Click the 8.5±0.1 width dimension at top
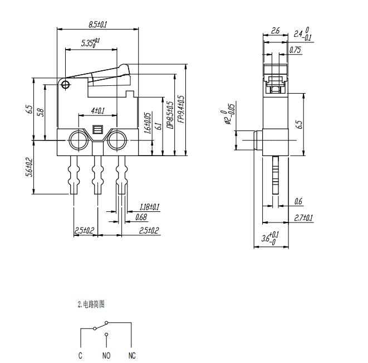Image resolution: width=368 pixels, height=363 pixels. pyautogui.click(x=97, y=25)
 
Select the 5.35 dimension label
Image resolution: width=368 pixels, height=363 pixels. pyautogui.click(x=90, y=42)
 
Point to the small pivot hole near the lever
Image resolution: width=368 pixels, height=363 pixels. pyautogui.click(x=66, y=85)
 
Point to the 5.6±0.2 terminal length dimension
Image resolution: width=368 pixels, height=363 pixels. pyautogui.click(x=29, y=167)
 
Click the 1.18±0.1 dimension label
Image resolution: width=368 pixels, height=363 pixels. pyautogui.click(x=149, y=207)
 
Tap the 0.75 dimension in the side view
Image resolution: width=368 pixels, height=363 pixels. pyautogui.click(x=295, y=50)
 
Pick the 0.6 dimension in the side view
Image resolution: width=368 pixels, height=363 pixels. pyautogui.click(x=298, y=201)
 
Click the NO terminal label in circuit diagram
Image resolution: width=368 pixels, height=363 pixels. pyautogui.click(x=106, y=355)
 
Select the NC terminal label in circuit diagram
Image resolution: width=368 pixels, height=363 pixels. pyautogui.click(x=132, y=355)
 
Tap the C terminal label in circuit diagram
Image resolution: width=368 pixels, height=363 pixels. pyautogui.click(x=81, y=355)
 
